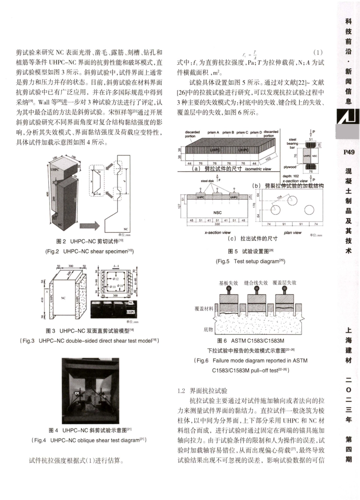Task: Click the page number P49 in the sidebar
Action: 349,152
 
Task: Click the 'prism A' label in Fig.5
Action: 213,133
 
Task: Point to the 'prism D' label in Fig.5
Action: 255,133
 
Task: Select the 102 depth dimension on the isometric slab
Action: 268,159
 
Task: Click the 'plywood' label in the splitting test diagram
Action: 290,167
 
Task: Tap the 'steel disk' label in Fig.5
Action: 207,181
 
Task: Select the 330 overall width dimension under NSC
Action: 217,224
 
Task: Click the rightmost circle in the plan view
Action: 309,209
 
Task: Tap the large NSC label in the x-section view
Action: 217,212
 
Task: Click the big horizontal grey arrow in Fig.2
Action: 89,226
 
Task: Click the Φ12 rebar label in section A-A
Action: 114,279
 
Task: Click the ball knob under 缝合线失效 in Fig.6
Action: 256,291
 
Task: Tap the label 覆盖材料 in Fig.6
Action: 204,309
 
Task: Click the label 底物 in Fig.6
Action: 208,329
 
